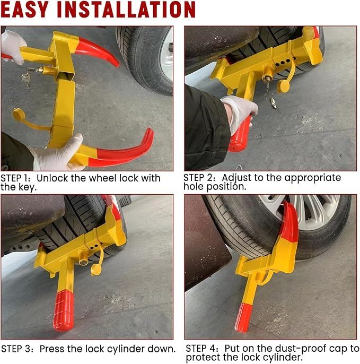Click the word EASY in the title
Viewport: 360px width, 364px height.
pos(24,10)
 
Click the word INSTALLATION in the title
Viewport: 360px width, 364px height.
pos(126,10)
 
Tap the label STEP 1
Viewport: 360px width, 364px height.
pos(15,178)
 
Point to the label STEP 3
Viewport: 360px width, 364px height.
pos(17,349)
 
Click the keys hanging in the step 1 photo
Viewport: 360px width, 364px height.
pos(26,77)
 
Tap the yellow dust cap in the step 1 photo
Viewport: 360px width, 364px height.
pos(18,114)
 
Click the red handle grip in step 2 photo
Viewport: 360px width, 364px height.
pos(239,135)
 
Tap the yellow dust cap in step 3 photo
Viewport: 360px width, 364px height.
pos(96,270)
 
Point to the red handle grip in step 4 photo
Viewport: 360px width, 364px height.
pos(243,317)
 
